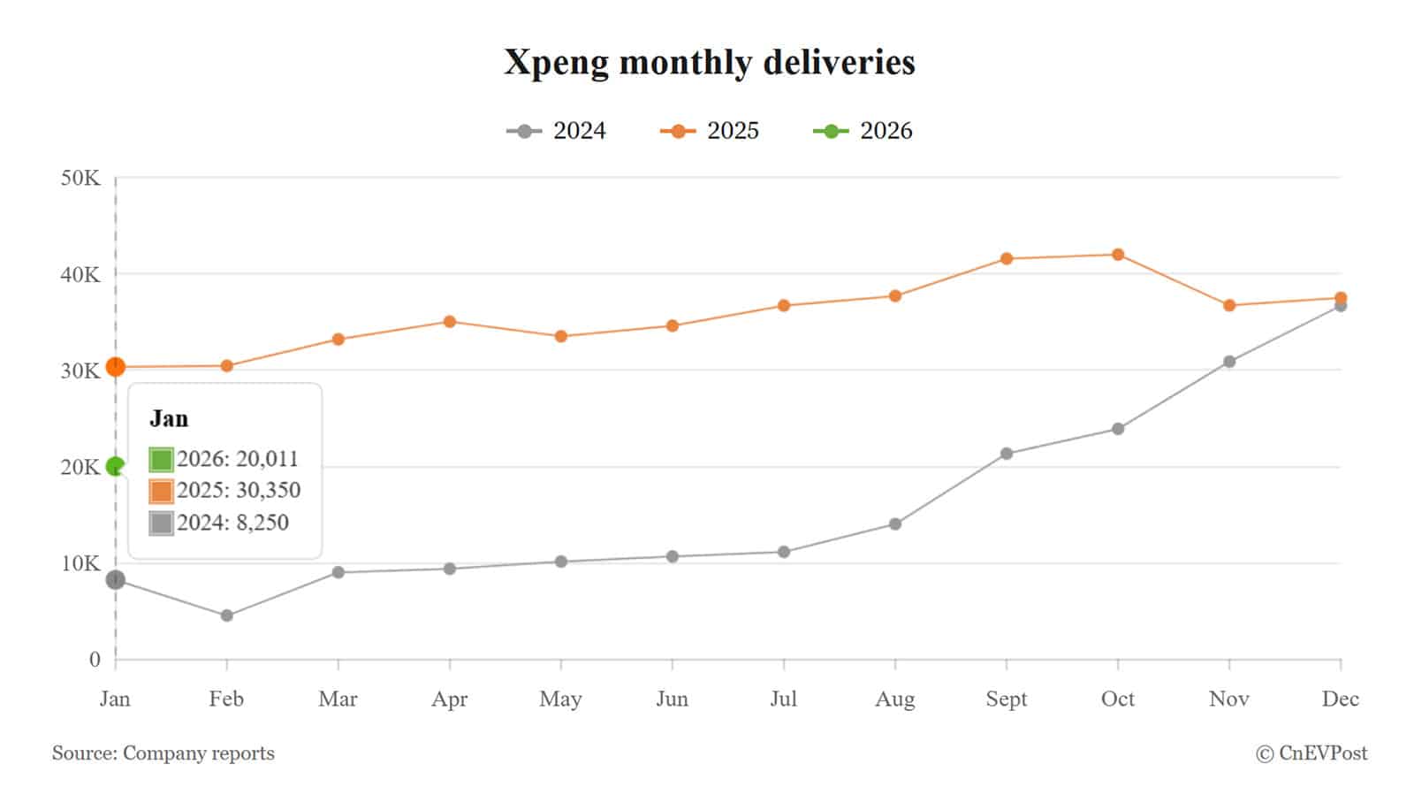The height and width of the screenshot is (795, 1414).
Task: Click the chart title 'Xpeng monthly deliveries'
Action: pos(709,63)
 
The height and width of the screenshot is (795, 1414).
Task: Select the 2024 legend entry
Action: pos(557,131)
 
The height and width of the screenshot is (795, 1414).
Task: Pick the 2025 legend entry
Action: pos(710,131)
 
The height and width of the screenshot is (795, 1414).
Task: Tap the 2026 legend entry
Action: pos(863,131)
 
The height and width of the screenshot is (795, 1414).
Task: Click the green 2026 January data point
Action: pos(115,466)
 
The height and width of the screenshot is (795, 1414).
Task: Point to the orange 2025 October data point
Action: pos(1118,255)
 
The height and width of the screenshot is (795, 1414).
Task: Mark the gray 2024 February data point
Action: pos(227,615)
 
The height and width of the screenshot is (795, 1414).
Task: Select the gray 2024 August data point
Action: pos(895,524)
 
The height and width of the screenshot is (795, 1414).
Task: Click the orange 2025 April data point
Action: pos(450,322)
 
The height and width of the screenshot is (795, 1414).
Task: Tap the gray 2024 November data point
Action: pos(1229,362)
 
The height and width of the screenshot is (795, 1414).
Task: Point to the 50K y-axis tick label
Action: pos(80,179)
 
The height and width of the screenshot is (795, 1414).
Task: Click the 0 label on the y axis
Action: pos(95,660)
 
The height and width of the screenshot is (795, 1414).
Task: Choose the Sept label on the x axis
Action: pos(1007,699)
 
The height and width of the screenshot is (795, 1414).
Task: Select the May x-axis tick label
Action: pos(560,699)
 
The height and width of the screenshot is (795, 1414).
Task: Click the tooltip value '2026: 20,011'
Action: pos(237,459)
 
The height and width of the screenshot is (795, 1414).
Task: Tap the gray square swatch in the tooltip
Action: pos(161,524)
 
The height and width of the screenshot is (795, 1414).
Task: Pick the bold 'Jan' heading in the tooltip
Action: pos(169,418)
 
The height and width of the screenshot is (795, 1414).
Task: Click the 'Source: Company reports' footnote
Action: pos(163,753)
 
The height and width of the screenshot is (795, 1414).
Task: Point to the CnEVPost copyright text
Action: pos(1311,753)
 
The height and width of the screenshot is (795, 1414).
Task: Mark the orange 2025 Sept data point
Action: pos(1007,259)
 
